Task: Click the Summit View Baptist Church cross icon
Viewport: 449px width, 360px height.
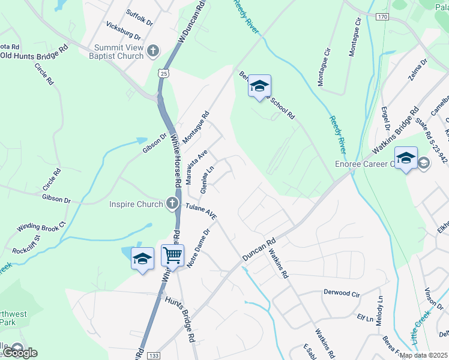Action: click(153, 50)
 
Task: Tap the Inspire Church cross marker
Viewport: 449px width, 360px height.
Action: click(172, 203)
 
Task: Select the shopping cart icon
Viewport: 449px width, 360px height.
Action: click(172, 256)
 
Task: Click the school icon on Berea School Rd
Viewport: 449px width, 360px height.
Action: click(259, 86)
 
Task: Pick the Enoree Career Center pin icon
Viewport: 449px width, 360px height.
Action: click(406, 158)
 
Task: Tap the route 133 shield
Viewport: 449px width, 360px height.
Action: click(152, 355)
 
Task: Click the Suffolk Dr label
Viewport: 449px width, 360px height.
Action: click(140, 16)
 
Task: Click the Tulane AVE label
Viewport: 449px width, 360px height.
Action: click(201, 210)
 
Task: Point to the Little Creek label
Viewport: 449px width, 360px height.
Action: click(421, 328)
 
